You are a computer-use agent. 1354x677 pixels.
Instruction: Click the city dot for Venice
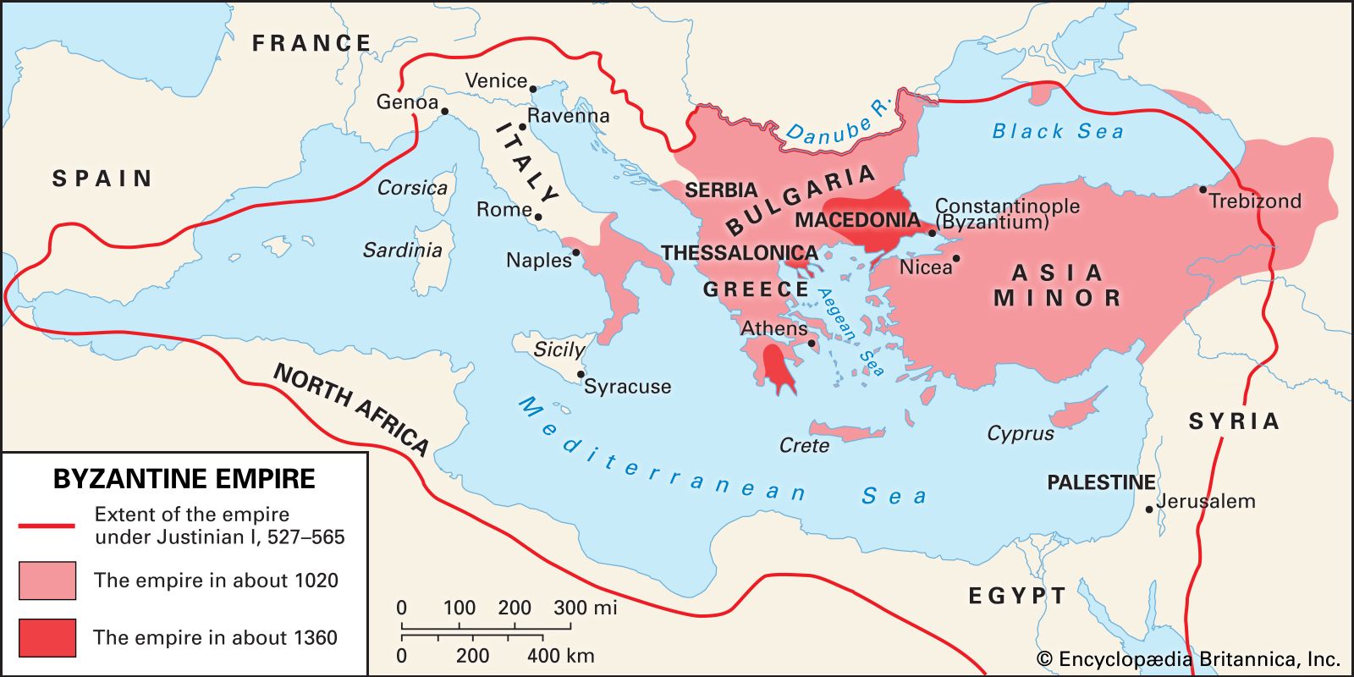(x=533, y=88)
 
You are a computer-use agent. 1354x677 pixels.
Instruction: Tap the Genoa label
(x=407, y=102)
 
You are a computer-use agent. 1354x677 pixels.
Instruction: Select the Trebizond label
(x=1254, y=201)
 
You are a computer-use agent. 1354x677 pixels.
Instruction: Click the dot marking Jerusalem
(x=1149, y=509)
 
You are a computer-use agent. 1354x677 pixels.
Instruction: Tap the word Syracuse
(x=627, y=387)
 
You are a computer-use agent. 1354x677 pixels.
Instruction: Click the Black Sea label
(x=1058, y=131)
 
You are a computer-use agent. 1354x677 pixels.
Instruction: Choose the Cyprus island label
(x=1020, y=433)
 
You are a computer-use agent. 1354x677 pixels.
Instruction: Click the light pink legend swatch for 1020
(x=47, y=581)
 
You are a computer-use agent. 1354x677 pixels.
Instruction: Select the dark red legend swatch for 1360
(x=47, y=637)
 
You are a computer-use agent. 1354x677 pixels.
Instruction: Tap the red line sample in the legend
(x=47, y=526)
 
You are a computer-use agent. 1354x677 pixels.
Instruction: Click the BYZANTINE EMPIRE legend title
(x=184, y=479)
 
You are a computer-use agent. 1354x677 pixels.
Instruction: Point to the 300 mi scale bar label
(x=585, y=608)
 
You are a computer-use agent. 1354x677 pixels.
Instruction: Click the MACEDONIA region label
(x=856, y=221)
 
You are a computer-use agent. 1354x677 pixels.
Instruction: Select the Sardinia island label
(x=402, y=250)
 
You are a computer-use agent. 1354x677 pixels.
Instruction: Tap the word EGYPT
(x=1016, y=596)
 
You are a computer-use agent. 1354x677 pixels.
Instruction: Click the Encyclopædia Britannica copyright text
(x=1188, y=659)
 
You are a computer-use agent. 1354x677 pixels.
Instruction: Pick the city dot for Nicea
(x=956, y=259)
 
